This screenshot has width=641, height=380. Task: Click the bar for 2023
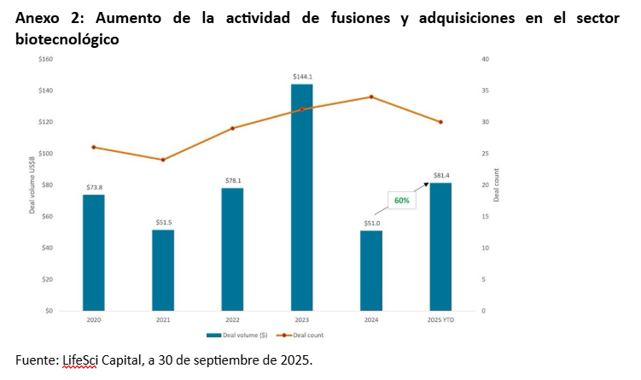coord(301,196)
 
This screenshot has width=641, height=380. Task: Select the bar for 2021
coord(163,270)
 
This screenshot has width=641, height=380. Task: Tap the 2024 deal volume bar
coord(370,270)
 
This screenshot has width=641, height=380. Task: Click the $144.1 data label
coord(301,77)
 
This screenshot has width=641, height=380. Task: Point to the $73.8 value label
coord(93,187)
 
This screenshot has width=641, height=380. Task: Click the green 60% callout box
coord(401,201)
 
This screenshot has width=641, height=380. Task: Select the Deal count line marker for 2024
coord(370,96)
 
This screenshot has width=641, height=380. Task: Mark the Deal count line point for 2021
coord(163,160)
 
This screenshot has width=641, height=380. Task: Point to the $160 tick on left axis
coord(46,59)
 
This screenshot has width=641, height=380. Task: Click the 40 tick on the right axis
coord(485,59)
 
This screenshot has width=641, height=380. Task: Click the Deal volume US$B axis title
coord(32,184)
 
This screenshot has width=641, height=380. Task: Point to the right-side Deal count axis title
coord(497,184)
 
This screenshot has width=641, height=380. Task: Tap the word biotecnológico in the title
coord(67,39)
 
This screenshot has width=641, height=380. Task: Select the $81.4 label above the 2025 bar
coord(440,175)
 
